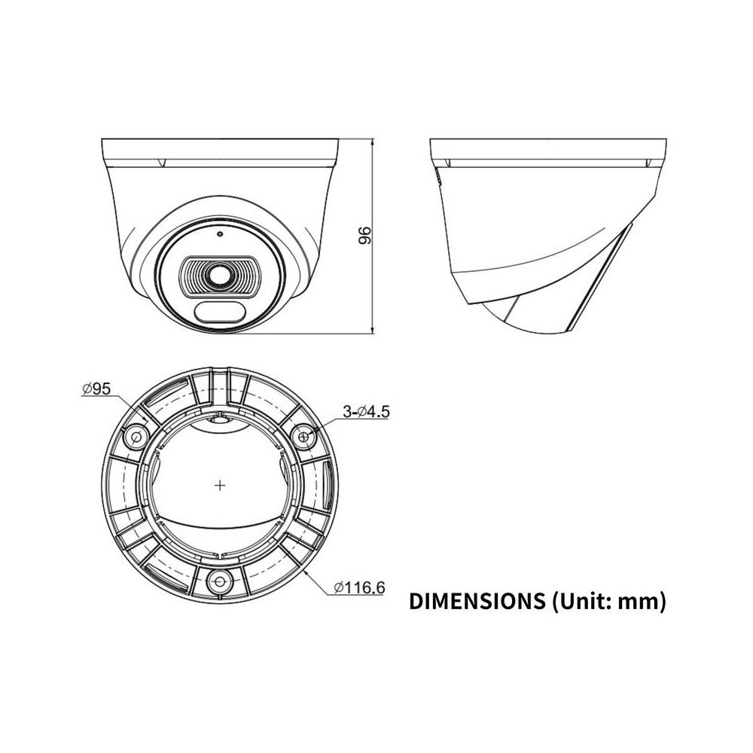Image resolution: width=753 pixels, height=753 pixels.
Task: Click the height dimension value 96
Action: [366, 235]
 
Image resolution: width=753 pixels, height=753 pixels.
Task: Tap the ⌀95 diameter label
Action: [96, 389]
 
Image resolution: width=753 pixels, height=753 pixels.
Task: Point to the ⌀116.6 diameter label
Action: [358, 587]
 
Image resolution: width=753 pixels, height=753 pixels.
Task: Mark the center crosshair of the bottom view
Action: [220, 486]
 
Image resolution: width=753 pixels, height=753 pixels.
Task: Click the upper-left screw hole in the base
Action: [137, 436]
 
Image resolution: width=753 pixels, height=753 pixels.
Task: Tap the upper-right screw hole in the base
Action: [304, 435]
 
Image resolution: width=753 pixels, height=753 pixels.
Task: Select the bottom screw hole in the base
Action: [220, 581]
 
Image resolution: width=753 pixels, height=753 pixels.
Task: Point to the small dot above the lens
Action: [218, 233]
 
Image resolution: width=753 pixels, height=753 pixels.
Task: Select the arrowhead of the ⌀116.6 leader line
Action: [308, 571]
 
